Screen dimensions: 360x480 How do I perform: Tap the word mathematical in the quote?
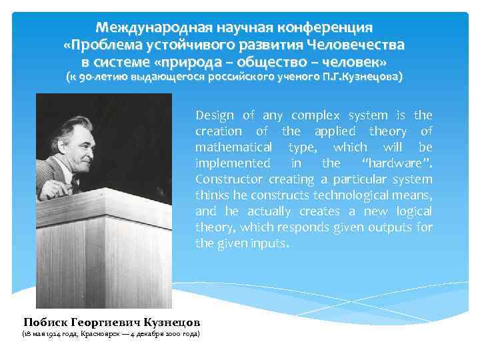(x=233, y=147)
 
